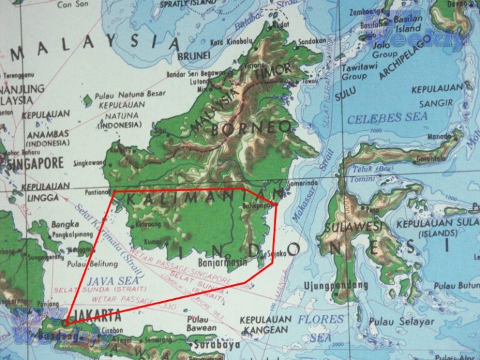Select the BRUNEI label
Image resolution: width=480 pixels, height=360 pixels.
click(x=193, y=56)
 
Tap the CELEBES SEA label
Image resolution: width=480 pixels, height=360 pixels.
click(x=387, y=117)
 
